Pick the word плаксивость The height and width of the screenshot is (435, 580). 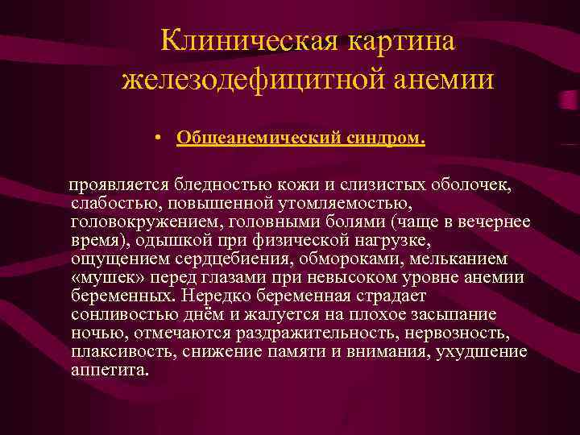point(122,352)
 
